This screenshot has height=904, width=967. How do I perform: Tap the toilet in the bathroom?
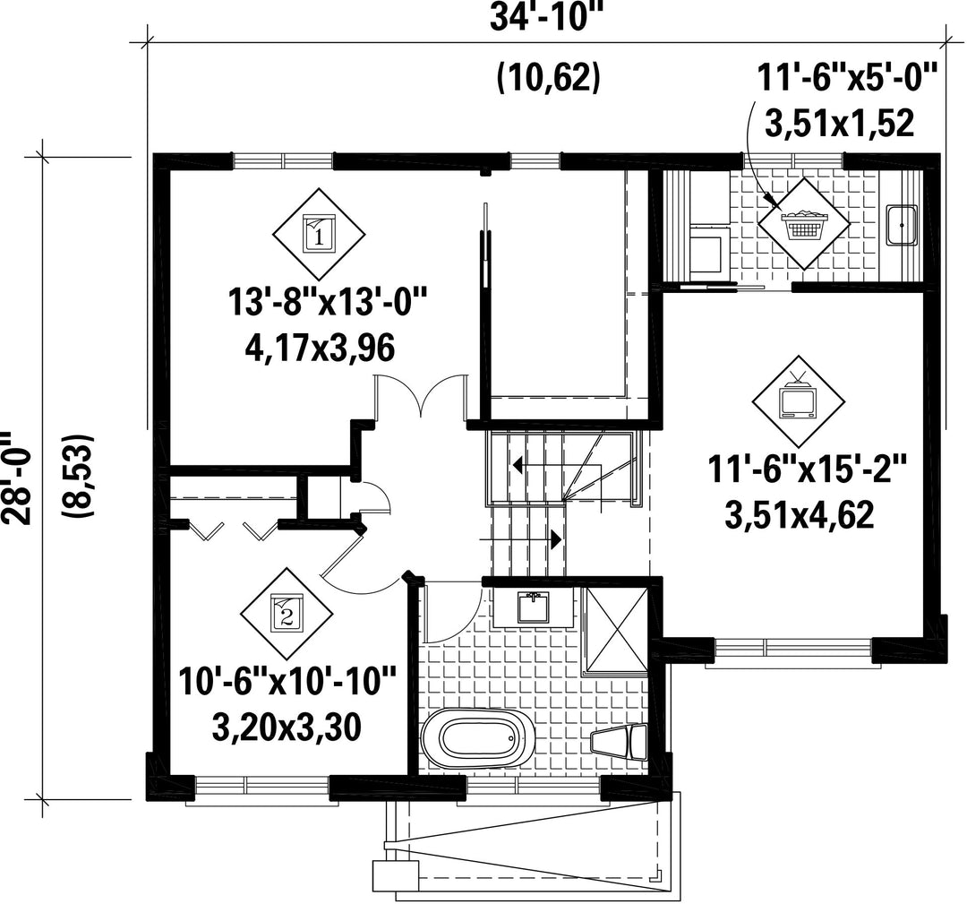pyautogui.click(x=619, y=742)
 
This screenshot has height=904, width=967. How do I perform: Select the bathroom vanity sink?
pyautogui.click(x=532, y=607)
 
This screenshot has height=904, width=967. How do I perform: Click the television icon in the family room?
pyautogui.click(x=799, y=401)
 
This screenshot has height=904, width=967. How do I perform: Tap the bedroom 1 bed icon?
pyautogui.click(x=320, y=233)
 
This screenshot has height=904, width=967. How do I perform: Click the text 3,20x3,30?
pyautogui.click(x=287, y=728)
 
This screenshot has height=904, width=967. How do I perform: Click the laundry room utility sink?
pyautogui.click(x=902, y=225)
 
